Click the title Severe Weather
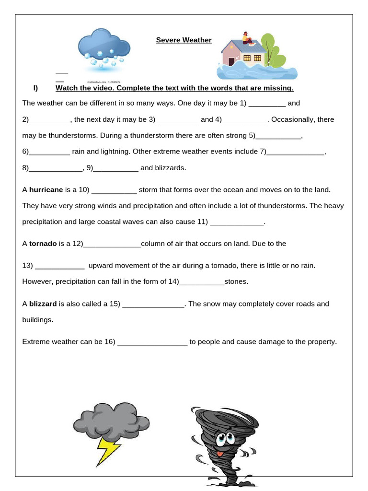tap(184, 40)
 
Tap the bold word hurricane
tap(46, 190)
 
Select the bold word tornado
tap(43, 244)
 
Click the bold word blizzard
tap(43, 304)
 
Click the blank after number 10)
tap(114, 190)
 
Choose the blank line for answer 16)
tap(152, 342)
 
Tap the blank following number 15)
tap(153, 304)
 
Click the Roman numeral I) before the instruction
tap(35, 88)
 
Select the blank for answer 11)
tap(237, 222)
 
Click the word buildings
tap(38, 320)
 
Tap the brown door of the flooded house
tap(231, 61)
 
